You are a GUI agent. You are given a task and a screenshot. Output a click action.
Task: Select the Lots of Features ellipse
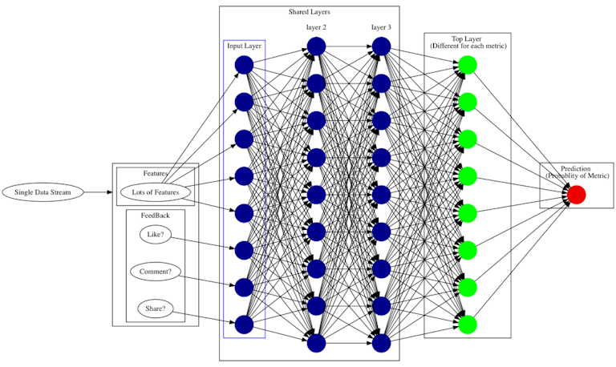156,192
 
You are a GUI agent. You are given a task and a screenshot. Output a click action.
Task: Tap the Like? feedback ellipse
156,235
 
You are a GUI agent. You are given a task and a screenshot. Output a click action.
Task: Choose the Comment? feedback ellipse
156,272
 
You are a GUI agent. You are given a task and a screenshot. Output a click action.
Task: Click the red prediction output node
577,195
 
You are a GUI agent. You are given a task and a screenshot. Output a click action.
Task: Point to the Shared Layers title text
309,12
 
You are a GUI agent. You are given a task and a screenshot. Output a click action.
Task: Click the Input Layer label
244,46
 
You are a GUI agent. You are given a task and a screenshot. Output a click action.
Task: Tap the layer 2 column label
316,27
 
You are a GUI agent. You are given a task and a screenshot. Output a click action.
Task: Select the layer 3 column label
381,27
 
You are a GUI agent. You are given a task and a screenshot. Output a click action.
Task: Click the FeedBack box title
156,216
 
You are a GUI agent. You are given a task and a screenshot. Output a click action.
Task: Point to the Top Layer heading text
467,38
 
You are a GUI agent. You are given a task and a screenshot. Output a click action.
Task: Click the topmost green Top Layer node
468,65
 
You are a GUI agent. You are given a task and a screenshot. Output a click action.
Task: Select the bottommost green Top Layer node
468,324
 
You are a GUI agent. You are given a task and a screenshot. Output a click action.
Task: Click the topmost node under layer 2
316,46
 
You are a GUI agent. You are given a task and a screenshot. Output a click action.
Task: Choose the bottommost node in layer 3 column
381,343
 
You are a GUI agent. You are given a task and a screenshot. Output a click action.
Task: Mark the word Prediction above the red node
576,168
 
